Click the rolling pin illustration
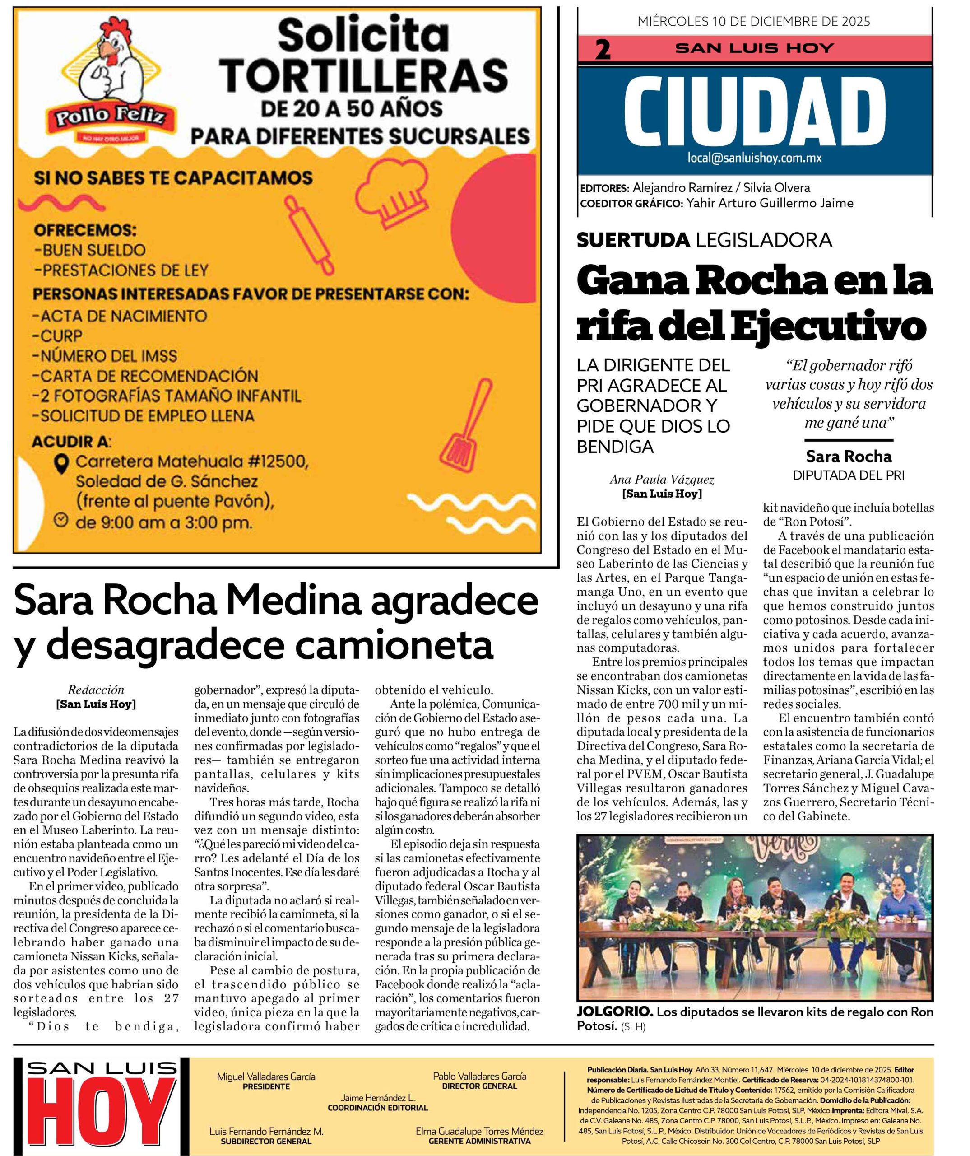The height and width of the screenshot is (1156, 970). [309, 234]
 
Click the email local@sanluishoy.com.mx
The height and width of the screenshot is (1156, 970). [754, 158]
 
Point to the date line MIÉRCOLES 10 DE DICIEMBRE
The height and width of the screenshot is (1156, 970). [754, 22]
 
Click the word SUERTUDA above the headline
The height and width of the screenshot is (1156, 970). [633, 240]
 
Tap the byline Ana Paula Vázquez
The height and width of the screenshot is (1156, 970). [662, 480]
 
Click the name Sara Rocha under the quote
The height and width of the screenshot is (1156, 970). [849, 457]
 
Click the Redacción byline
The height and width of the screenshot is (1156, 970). [96, 690]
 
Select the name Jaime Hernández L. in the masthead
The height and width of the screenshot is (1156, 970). [377, 1098]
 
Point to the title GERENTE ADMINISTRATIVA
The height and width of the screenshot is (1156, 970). [479, 1141]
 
